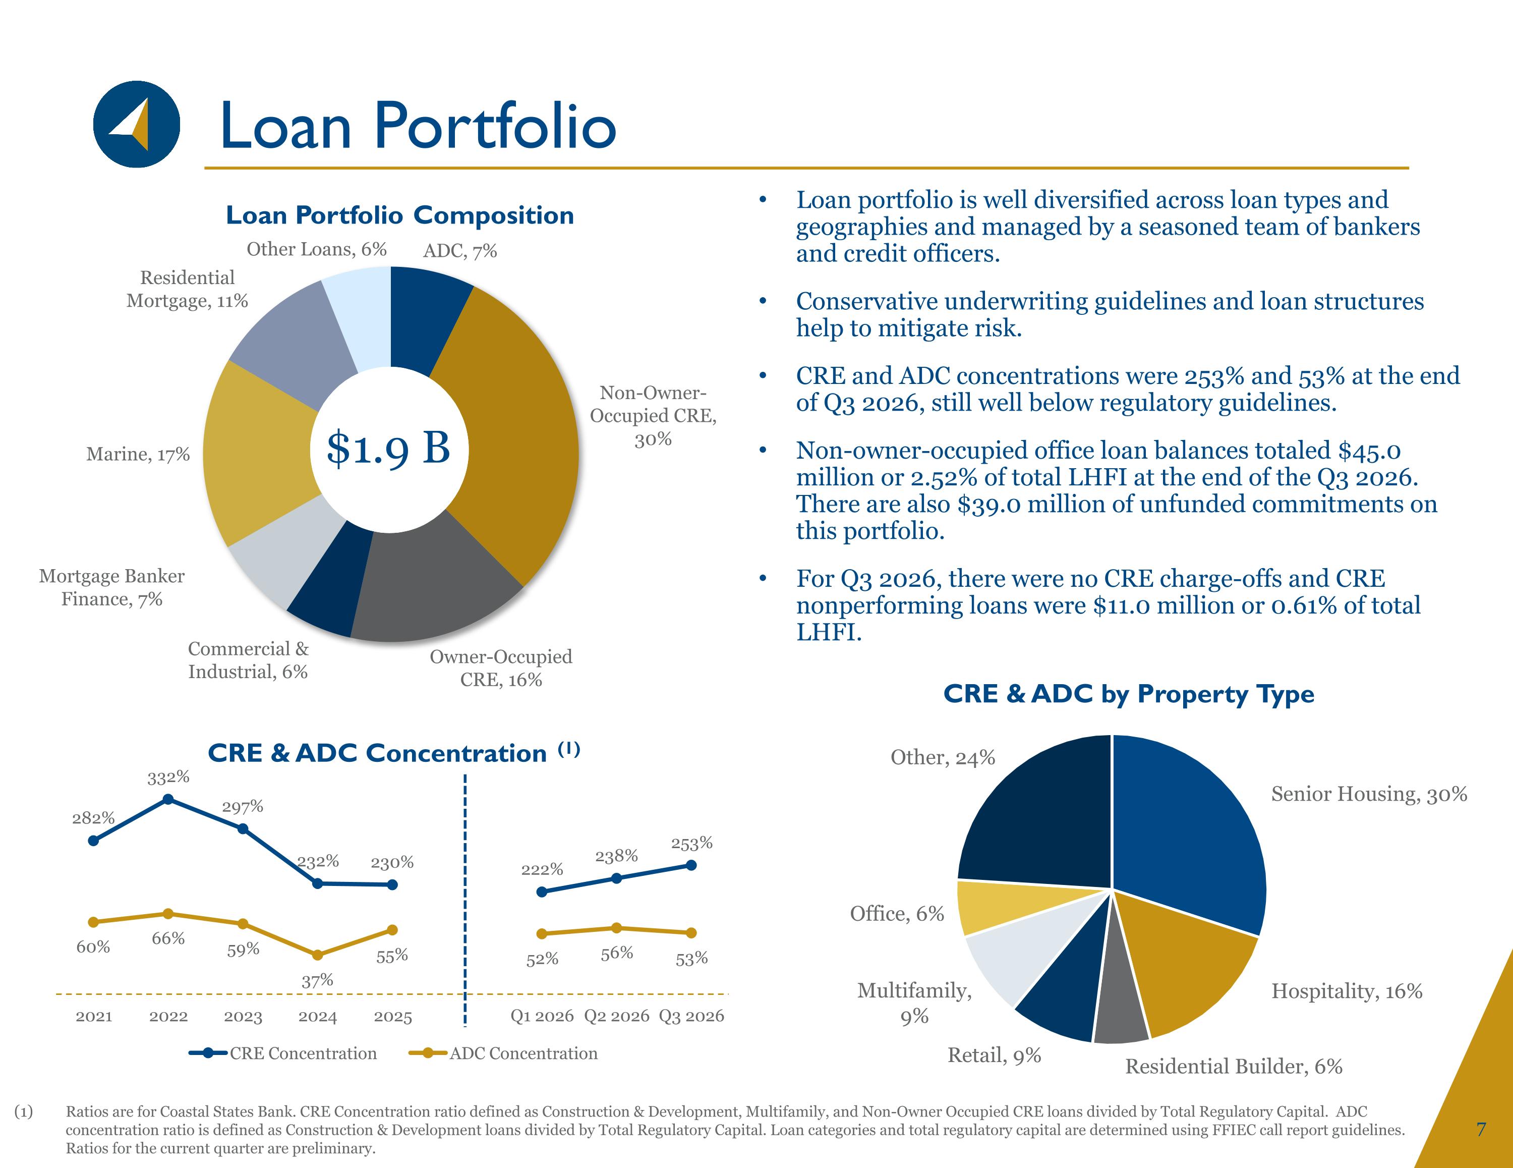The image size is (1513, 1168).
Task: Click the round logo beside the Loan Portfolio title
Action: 137,124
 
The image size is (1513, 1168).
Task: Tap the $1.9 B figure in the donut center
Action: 389,448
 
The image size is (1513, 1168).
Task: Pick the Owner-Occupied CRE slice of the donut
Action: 430,582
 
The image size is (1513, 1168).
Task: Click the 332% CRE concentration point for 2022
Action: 167,799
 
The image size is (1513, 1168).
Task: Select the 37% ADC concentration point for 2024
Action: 317,955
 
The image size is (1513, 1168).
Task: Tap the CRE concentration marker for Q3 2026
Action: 691,865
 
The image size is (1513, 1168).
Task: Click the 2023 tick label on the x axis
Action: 243,1017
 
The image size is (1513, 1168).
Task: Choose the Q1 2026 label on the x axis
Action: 542,1016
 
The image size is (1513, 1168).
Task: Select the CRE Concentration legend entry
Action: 282,1053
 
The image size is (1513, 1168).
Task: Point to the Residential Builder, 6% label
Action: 1234,1066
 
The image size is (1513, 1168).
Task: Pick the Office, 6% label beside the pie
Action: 897,914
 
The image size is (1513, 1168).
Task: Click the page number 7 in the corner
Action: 1481,1129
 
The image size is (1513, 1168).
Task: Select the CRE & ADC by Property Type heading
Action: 1129,694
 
